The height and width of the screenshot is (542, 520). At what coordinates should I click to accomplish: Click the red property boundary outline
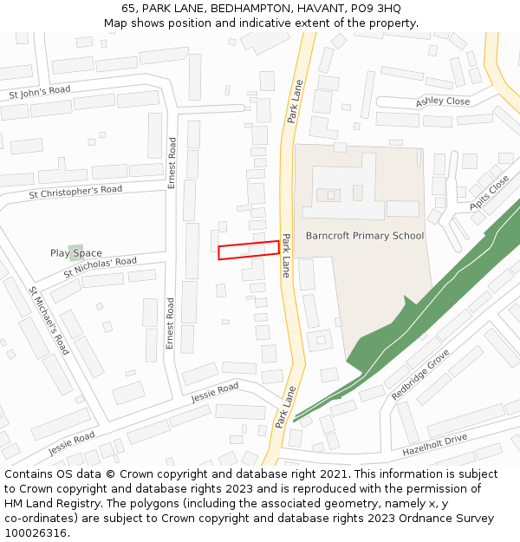point(249,250)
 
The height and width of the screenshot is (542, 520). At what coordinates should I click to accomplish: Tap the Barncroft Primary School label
point(365,236)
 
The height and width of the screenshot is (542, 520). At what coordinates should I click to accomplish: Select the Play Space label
point(75,253)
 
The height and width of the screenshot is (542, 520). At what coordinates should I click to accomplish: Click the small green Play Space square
point(76,252)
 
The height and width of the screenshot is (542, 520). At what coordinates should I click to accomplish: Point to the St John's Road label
point(39,91)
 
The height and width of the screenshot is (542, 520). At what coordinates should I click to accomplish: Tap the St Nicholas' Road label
point(100,267)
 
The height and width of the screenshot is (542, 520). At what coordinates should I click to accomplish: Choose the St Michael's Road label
point(49,320)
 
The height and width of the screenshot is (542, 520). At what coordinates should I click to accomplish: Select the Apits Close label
point(489,193)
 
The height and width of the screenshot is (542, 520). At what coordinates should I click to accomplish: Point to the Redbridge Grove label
point(421,374)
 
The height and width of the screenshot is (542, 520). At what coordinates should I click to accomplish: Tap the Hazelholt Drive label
point(434,445)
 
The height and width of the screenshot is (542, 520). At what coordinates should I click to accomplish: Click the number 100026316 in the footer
point(36,532)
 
